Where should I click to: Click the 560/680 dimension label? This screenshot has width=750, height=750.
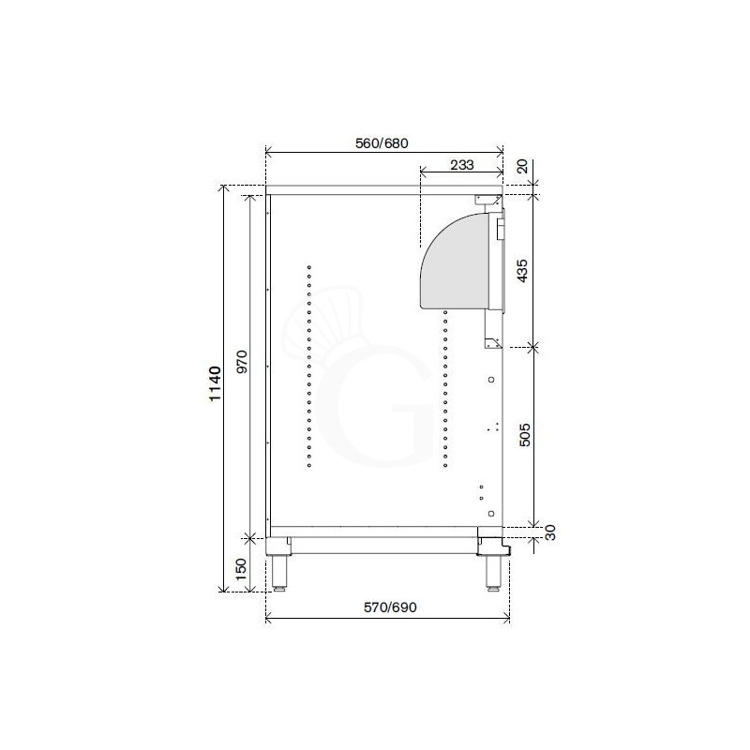pos(382,142)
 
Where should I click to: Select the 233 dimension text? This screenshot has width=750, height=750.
pos(460,165)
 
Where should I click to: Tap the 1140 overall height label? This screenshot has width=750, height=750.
pos(214,384)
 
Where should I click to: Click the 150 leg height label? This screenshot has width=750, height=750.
pos(240,568)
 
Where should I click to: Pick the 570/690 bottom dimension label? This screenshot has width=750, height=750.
pos(388,607)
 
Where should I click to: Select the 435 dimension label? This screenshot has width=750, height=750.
pos(525,272)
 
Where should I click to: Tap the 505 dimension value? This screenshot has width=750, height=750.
pos(525,434)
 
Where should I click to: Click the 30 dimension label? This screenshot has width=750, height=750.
pos(550,532)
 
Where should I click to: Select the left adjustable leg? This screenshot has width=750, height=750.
pos(280,566)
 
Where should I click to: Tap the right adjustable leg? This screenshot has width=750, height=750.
pos(492,568)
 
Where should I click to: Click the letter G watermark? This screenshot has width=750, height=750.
pos(375,408)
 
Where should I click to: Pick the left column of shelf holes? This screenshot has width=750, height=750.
pos(308,365)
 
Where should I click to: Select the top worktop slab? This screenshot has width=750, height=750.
pos(384,188)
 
